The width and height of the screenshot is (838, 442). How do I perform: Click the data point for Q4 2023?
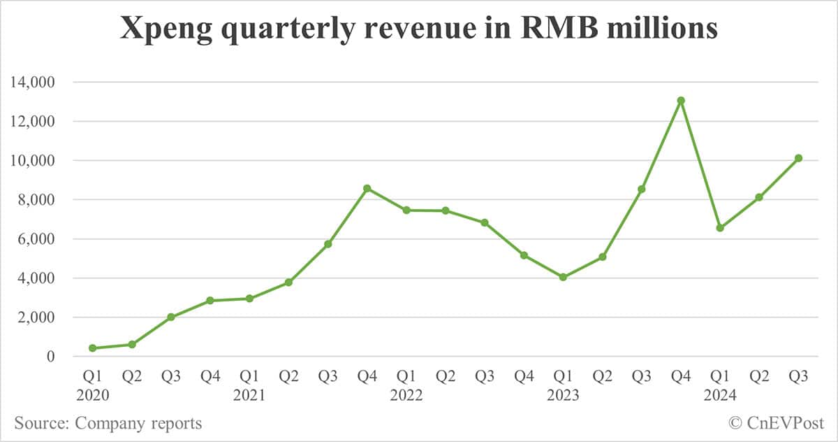(x=681, y=101)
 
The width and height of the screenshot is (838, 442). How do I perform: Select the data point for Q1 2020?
(x=93, y=348)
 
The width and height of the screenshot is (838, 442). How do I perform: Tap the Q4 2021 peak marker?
(x=367, y=189)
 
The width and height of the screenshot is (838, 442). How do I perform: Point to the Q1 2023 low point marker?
(x=563, y=277)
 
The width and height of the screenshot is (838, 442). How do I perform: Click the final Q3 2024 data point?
(x=798, y=158)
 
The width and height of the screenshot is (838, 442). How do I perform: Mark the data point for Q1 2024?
(x=720, y=228)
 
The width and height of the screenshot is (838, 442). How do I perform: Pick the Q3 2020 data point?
(x=171, y=317)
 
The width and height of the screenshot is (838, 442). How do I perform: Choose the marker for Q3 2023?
(x=642, y=190)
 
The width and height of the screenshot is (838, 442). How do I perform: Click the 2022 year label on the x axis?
(x=406, y=396)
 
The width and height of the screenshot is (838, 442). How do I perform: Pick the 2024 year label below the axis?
(x=720, y=396)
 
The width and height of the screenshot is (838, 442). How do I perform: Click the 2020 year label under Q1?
(x=93, y=396)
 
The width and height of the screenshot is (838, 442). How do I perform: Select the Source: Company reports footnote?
(x=108, y=423)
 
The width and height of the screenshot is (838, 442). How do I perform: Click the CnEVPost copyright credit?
(x=776, y=423)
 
